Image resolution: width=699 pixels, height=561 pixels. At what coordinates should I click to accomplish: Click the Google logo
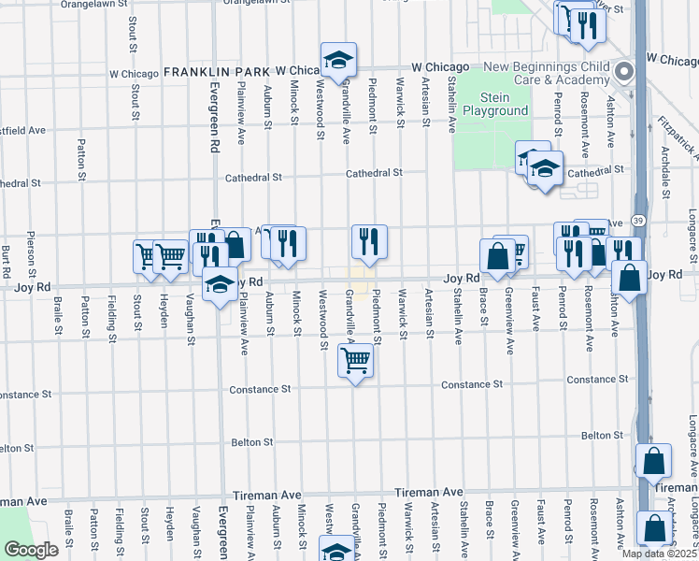[31, 550]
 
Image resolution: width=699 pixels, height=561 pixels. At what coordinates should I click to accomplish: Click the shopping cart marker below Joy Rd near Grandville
[356, 359]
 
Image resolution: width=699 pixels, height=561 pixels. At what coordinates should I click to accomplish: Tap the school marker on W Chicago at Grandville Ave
[337, 60]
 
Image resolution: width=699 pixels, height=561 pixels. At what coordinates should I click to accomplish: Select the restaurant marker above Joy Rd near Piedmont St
[369, 240]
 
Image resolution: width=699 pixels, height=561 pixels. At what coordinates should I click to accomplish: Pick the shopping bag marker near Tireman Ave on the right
[654, 460]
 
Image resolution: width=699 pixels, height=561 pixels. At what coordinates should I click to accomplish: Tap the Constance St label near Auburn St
[261, 388]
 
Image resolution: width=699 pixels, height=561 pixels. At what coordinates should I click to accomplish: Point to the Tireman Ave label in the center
[429, 492]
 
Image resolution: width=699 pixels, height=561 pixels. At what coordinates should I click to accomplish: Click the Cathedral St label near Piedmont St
[374, 173]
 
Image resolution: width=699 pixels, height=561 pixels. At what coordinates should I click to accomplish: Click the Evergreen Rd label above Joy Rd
[213, 122]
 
